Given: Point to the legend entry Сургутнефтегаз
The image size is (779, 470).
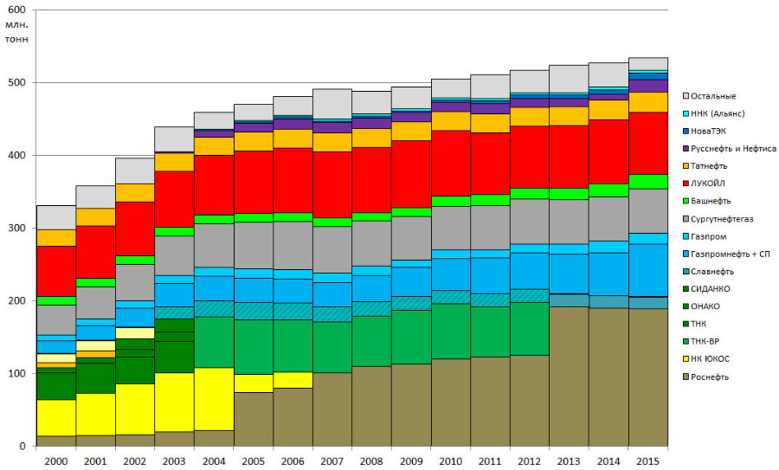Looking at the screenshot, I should [x=721, y=219].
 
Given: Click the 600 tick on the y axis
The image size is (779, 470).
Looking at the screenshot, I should [x=16, y=10].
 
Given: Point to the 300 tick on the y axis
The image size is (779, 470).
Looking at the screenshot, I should [x=16, y=228].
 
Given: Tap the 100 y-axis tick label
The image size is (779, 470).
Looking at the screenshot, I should [x=16, y=374].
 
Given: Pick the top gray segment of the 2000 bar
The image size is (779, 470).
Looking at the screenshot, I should [x=55, y=217].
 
